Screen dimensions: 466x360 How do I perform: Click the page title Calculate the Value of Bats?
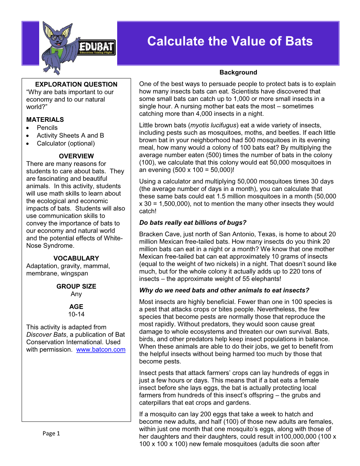click(230, 41)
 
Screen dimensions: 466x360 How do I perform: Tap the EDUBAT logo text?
click(96, 47)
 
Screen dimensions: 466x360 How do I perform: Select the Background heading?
click(238, 72)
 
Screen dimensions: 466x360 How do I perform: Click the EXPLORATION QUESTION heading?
click(76, 84)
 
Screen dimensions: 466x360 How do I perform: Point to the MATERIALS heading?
click(45, 120)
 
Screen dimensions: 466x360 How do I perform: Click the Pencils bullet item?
click(47, 128)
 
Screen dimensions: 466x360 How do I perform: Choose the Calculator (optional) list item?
click(66, 143)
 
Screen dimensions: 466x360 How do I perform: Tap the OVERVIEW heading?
click(76, 156)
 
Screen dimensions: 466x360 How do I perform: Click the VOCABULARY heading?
click(76, 258)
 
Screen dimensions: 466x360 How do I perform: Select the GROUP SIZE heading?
click(76, 286)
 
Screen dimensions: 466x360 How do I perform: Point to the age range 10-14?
click(76, 314)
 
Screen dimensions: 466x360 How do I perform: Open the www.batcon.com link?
click(101, 349)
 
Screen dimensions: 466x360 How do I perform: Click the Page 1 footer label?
click(51, 434)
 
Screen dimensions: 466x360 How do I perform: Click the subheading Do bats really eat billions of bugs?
click(193, 223)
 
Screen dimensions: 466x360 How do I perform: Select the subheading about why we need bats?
click(224, 290)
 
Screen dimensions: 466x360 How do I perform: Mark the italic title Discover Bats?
click(46, 335)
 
